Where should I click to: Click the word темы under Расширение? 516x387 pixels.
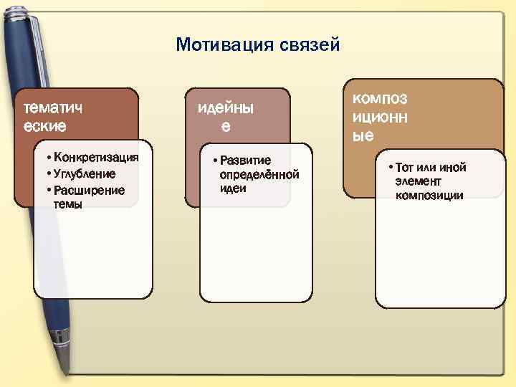[x=67, y=204]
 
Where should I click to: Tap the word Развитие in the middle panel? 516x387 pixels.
[x=245, y=161]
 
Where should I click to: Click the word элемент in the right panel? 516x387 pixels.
[x=417, y=181]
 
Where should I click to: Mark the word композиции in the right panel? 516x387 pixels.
[x=429, y=196]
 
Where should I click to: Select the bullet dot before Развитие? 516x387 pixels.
[x=215, y=161]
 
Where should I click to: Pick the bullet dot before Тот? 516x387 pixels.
[x=390, y=168]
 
